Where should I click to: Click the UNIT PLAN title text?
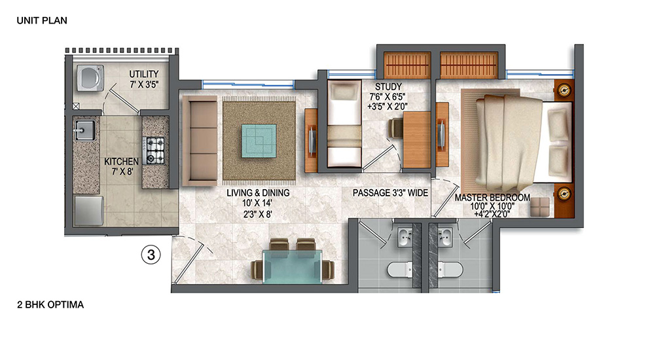tap(42, 20)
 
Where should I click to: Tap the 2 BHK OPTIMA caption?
tap(50, 304)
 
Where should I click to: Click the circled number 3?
tap(151, 255)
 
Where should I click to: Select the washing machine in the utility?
tap(90, 78)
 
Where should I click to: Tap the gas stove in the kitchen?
tap(154, 151)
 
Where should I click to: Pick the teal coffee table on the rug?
tap(259, 141)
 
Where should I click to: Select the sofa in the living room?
tap(200, 141)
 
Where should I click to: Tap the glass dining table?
tap(293, 266)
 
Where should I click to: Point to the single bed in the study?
tap(344, 124)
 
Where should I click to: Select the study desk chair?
tap(395, 128)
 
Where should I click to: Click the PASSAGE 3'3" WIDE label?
tap(390, 192)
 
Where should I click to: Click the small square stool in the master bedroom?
tap(540, 207)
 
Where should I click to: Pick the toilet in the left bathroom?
tap(399, 270)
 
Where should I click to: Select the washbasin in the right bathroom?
tap(445, 237)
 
